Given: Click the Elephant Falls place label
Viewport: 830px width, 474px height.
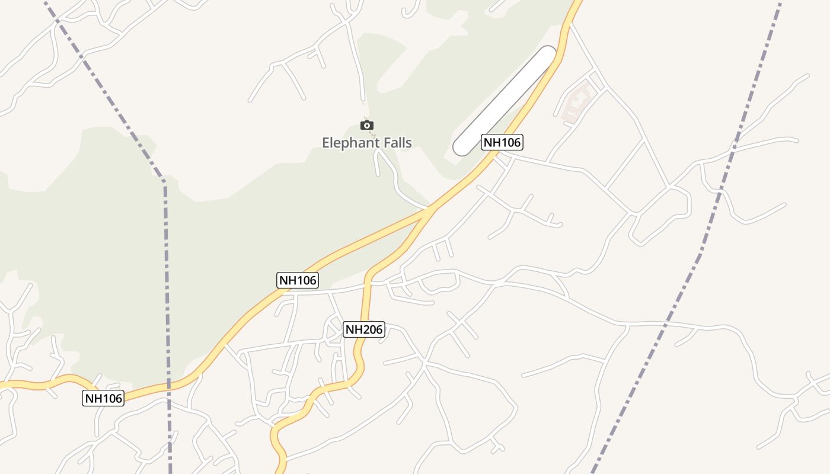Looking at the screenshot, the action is click(x=366, y=142).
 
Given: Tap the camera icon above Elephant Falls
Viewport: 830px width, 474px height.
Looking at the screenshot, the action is click(x=367, y=125).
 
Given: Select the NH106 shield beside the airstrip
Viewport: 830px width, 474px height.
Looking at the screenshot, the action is click(x=502, y=142).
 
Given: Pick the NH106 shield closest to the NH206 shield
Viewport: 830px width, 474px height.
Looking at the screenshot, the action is click(x=298, y=280).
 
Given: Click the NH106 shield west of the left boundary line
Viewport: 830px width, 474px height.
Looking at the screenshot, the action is click(x=103, y=398).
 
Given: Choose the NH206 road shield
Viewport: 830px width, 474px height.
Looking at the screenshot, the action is click(x=364, y=329).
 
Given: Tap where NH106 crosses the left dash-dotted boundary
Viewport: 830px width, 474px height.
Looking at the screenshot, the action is click(x=169, y=386).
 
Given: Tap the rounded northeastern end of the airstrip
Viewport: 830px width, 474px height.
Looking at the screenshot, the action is click(x=548, y=54).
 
